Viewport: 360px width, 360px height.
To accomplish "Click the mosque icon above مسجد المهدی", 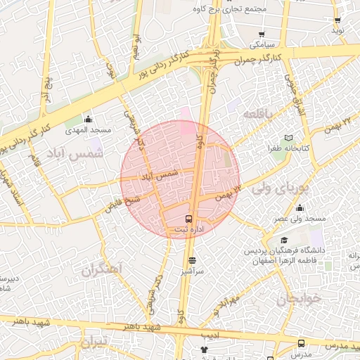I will click(88, 119).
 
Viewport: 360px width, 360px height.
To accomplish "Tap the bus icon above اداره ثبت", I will click(189, 218).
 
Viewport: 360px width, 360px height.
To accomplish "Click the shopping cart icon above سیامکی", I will click(262, 33).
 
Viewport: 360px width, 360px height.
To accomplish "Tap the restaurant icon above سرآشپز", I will click(192, 259).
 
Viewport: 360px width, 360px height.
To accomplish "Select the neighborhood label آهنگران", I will click(102, 269).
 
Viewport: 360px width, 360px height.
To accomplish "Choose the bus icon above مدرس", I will click(302, 343).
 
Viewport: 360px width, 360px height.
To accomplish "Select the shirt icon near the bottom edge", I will click(205, 349).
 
